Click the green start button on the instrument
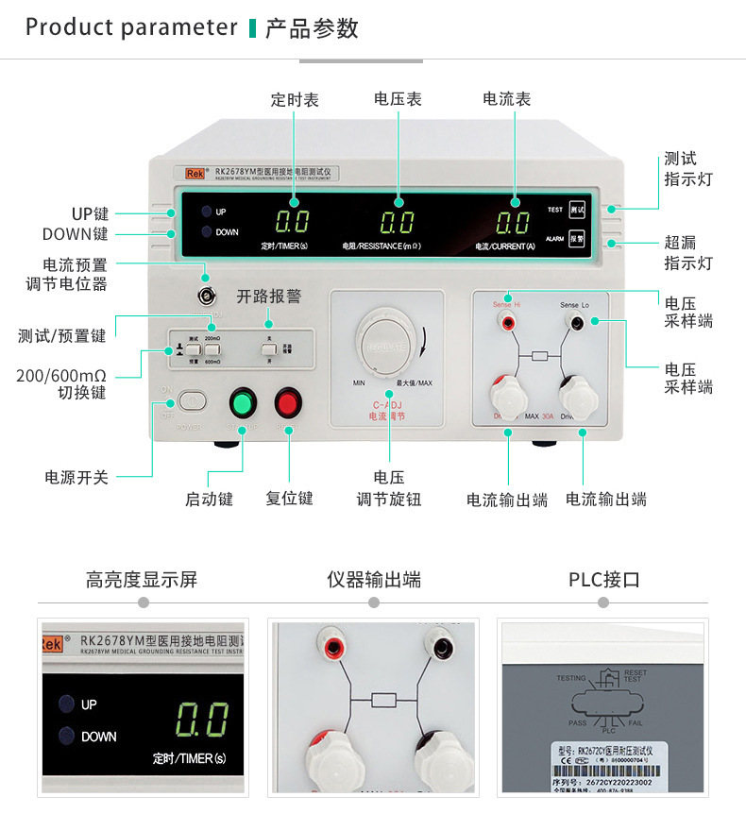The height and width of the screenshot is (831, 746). click(x=243, y=403)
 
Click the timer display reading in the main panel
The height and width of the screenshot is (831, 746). click(x=292, y=224)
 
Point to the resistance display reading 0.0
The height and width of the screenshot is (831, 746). click(x=398, y=224)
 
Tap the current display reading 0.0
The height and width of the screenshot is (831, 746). click(x=513, y=224)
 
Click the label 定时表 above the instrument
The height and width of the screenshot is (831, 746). click(x=295, y=99)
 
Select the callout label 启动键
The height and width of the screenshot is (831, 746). click(x=209, y=499)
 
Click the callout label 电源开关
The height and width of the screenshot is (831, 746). click(x=76, y=477)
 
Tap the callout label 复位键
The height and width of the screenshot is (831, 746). click(x=289, y=498)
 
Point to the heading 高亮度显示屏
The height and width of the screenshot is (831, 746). click(x=142, y=580)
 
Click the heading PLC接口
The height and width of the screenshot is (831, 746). click(x=604, y=580)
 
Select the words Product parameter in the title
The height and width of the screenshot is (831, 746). click(x=131, y=27)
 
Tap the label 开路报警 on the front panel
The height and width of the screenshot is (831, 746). click(x=268, y=297)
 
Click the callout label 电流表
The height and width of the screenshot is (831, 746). click(x=506, y=99)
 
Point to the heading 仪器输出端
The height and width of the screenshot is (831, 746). click(x=374, y=580)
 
